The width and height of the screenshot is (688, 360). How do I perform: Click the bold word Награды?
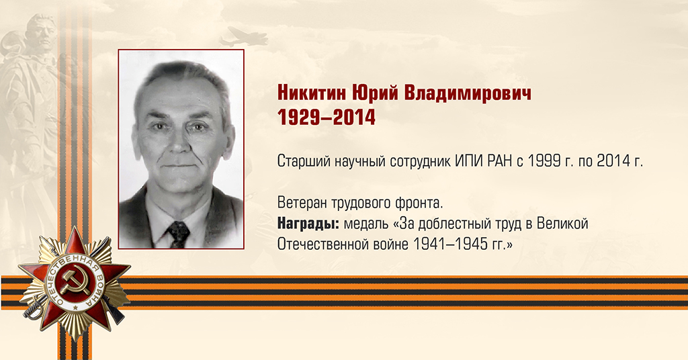coord(308,224)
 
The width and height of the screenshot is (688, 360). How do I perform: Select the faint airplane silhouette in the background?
coord(243,37)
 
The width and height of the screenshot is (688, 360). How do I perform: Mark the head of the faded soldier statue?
coord(42,32)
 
